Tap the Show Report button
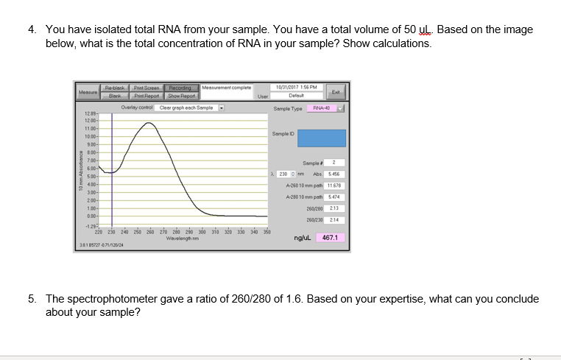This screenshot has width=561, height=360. [x=181, y=96]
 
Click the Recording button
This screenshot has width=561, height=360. [x=181, y=88]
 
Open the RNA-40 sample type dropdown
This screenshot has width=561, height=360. [x=328, y=108]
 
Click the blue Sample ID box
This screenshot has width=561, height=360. [x=317, y=138]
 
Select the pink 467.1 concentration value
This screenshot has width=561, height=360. [x=330, y=238]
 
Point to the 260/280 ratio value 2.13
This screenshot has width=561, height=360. [x=333, y=208]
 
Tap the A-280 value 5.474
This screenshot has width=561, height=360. [x=333, y=197]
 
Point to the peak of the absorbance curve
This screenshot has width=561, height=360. [x=149, y=123]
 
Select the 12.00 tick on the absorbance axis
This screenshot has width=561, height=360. [x=91, y=120]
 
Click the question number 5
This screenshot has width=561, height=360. [x=32, y=300]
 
